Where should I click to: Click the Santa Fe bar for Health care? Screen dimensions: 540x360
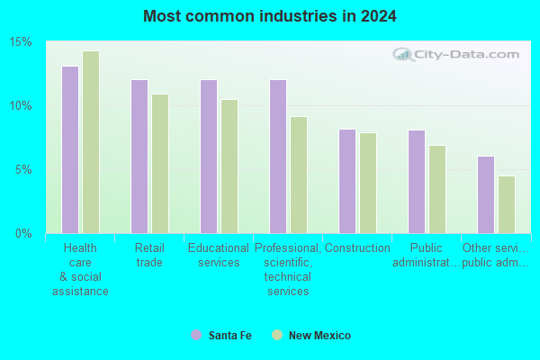(x=70, y=150)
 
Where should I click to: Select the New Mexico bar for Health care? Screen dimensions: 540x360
(x=91, y=142)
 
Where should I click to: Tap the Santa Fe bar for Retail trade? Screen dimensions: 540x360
(x=139, y=157)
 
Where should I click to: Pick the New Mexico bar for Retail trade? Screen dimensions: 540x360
(x=160, y=164)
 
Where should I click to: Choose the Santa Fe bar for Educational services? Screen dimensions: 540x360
(x=209, y=157)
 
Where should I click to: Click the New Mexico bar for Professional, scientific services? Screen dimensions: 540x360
(x=299, y=175)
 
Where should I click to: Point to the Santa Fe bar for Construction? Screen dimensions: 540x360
(x=347, y=182)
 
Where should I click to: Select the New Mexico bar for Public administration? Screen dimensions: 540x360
(x=437, y=190)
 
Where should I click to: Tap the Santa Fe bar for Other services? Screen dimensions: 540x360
(x=486, y=195)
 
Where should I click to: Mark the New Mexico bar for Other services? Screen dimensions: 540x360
(x=507, y=205)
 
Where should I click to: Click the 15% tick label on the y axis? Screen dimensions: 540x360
(x=21, y=42)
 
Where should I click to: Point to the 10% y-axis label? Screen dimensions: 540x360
(x=21, y=106)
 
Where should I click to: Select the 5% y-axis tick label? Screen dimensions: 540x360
(x=23, y=169)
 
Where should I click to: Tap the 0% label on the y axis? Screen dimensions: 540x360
(x=23, y=234)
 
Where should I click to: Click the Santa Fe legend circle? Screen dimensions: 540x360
(x=196, y=335)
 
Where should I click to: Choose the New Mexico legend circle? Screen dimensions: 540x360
(x=277, y=335)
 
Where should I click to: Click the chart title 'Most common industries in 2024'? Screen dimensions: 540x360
(x=270, y=16)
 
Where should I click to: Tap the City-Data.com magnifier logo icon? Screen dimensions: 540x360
(x=403, y=54)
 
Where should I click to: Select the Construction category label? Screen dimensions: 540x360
(x=357, y=247)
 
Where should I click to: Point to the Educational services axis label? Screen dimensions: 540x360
(x=219, y=255)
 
